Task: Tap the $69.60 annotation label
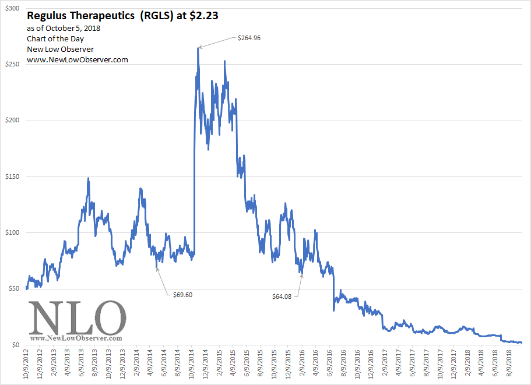pos(182,295)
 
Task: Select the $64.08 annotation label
pos(282,296)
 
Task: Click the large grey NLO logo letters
pos(78,317)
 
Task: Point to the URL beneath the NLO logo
pos(76,338)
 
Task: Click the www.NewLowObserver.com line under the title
pos(78,59)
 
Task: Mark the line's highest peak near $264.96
pos(198,48)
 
